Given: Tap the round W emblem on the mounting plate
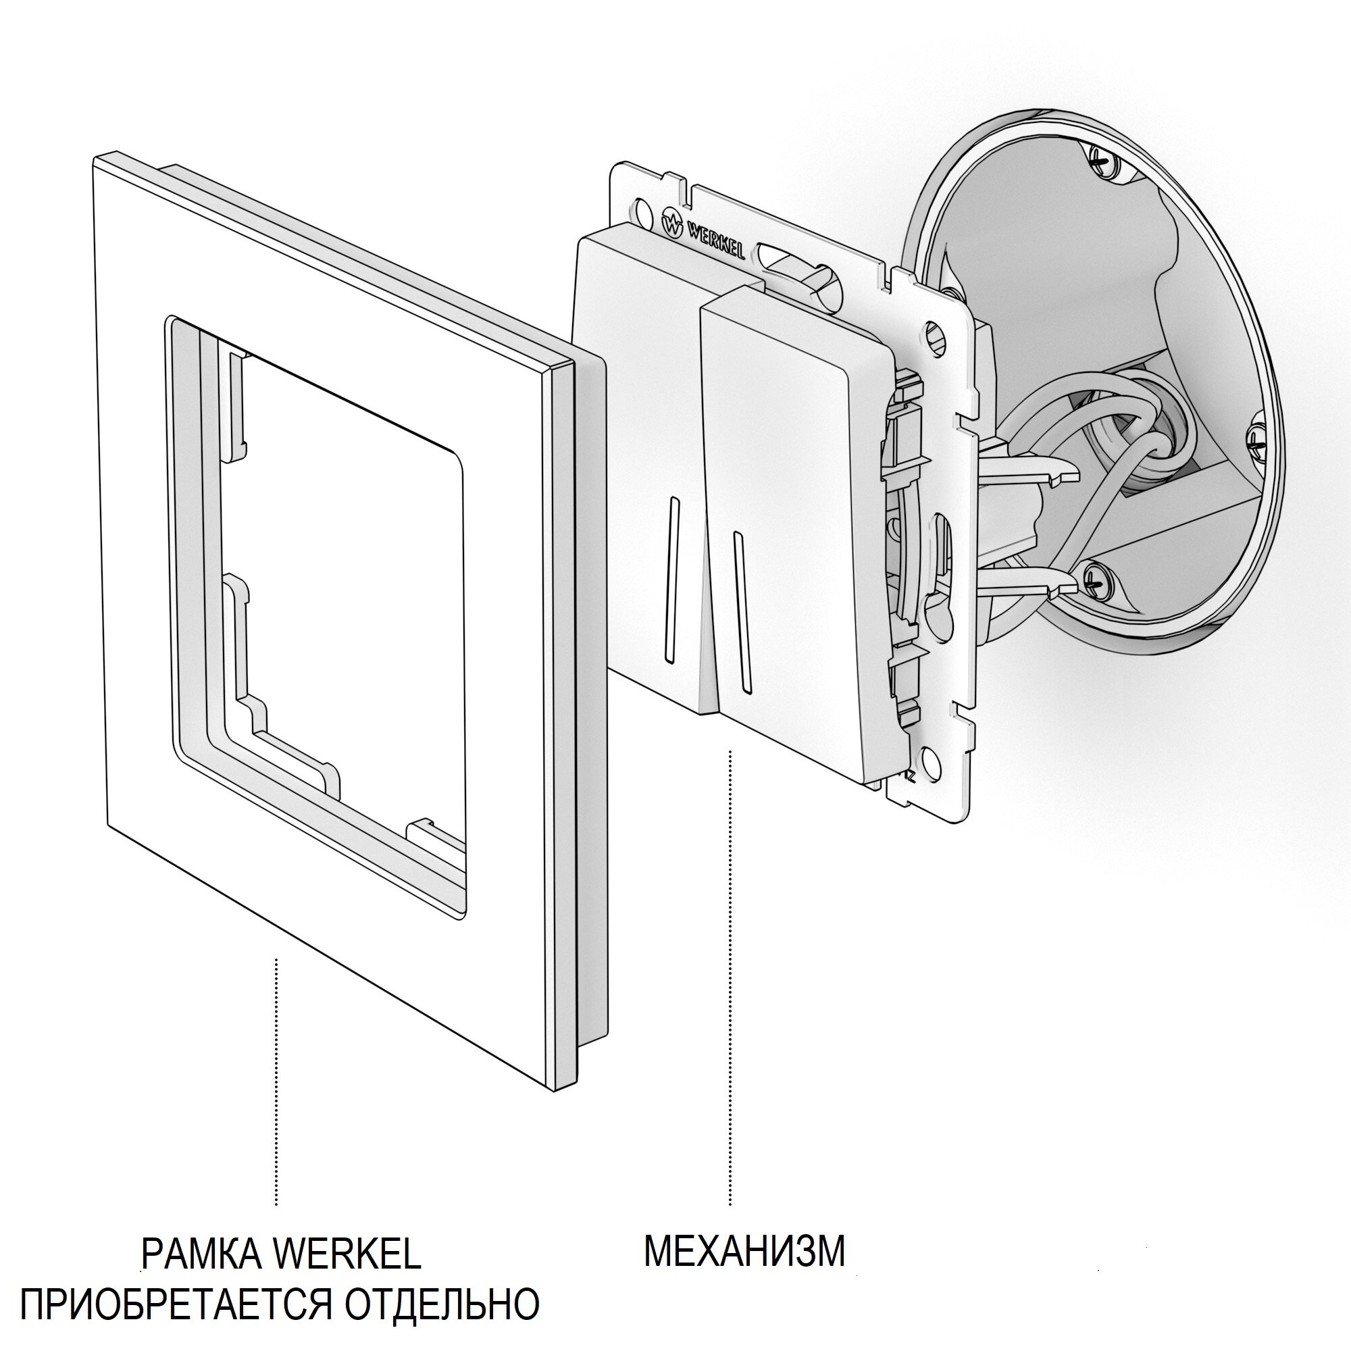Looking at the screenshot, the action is pyautogui.click(x=671, y=224).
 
